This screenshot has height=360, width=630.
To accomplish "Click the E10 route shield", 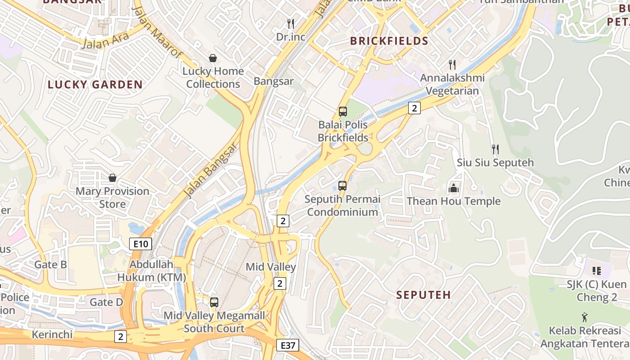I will coord(140,244).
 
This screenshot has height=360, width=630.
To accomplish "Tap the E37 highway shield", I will coord(287,345).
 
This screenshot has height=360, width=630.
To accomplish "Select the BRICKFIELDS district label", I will coord(389,41).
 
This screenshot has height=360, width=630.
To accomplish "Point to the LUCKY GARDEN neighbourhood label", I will coord(95,85).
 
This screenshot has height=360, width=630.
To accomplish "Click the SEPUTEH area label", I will coord(423,295).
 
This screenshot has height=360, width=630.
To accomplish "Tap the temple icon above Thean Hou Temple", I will coord(453,188).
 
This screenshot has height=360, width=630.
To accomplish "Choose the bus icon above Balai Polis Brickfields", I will coord(343,111).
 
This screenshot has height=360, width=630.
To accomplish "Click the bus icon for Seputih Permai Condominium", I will coord(342,185).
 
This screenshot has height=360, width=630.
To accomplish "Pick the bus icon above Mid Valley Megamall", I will coord(214,302).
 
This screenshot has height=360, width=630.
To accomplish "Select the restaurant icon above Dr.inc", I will coord(291,23).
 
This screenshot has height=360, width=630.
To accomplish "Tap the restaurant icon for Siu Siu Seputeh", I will coord(495,149).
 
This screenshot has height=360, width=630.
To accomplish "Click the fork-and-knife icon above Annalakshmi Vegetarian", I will coord(452,64).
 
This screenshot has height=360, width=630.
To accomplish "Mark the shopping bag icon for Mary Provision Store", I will coord(112,178).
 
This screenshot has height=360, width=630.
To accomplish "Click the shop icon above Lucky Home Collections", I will coord(212,58).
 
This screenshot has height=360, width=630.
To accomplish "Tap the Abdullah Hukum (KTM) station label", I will coord(152,270).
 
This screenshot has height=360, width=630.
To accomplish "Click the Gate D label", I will coord(106,302).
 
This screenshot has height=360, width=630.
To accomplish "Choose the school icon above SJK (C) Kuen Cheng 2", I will coord(597,270).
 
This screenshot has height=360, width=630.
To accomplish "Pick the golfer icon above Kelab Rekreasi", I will coord(585,317).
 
